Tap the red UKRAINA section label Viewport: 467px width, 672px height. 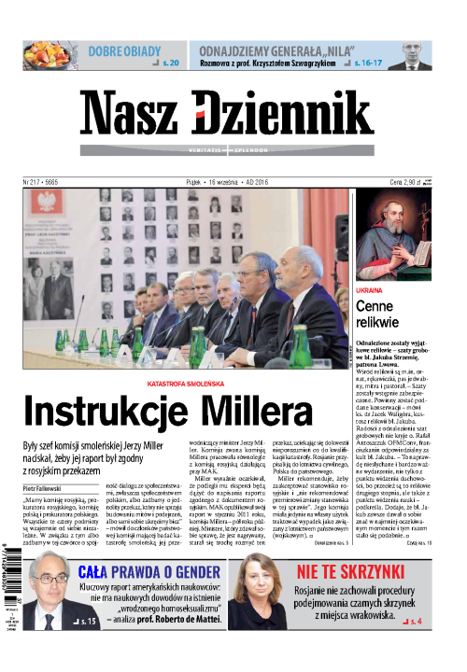click(x=371, y=293)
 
